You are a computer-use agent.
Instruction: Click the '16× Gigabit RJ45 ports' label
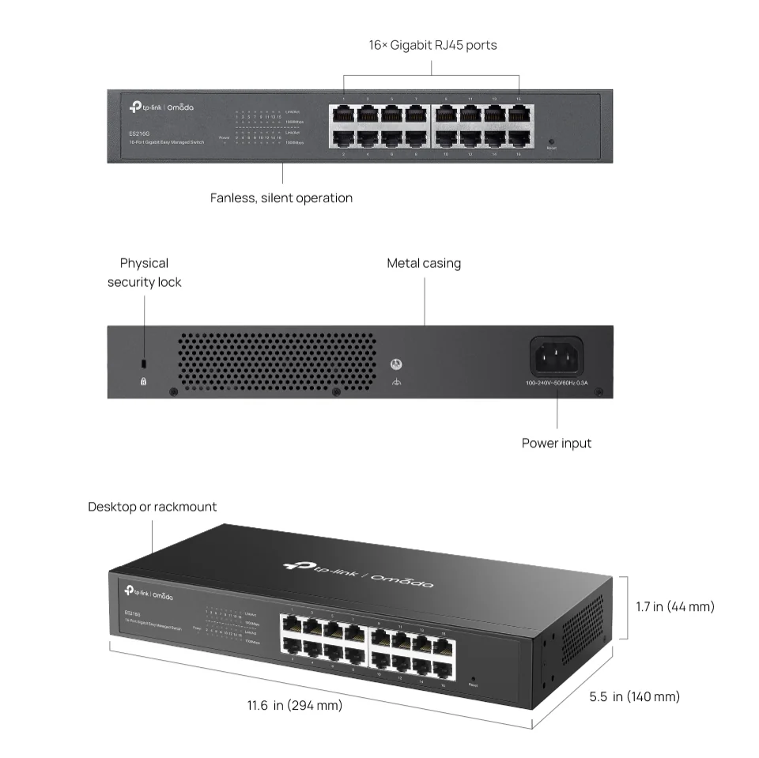432,45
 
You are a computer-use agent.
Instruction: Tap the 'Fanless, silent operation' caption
281,198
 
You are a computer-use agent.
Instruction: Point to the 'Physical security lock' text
144,272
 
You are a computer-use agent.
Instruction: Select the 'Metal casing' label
424,263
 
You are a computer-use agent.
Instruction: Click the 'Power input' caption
557,443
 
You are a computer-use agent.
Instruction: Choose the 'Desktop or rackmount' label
152,506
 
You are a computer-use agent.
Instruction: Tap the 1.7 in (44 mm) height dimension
675,606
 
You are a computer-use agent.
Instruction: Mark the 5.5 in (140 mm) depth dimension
634,696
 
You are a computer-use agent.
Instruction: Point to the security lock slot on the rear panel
143,364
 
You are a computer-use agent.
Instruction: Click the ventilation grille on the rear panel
276,360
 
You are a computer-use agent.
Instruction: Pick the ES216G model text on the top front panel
139,134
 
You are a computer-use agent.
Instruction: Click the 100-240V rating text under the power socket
557,383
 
